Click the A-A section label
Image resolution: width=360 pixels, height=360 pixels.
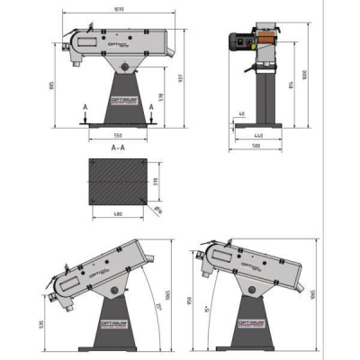118,148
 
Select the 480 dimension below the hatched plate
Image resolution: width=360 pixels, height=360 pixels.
117,214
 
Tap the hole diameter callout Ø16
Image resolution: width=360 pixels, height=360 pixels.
158,211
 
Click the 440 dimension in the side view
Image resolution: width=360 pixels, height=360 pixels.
258,137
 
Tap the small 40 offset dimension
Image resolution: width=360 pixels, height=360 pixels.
242,114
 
